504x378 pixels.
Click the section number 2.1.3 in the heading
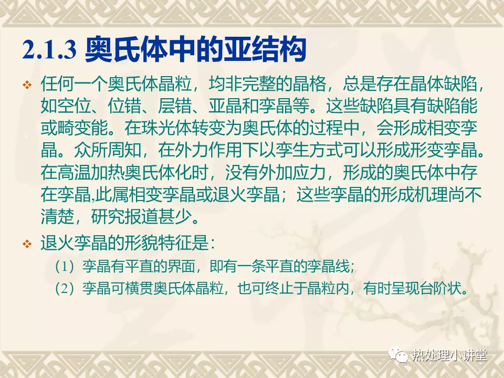point(49,49)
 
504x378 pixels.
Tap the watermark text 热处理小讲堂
point(450,355)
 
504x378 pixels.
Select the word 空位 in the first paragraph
point(74,106)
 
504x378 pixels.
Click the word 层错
point(175,106)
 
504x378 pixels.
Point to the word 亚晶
point(225,106)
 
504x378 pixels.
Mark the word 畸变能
point(82,128)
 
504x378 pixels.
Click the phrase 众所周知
point(108,150)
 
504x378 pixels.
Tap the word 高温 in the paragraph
point(74,172)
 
